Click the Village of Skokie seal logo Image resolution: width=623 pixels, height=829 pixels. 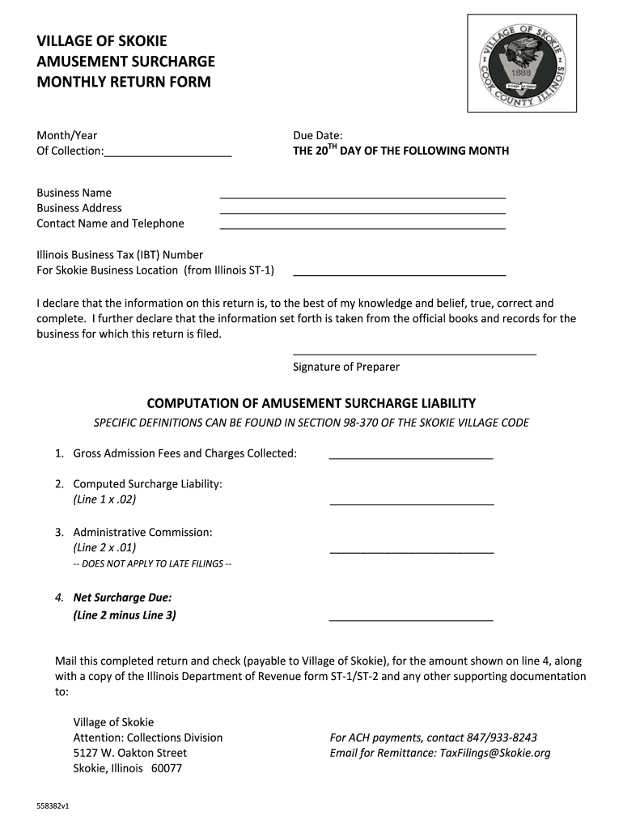click(x=522, y=63)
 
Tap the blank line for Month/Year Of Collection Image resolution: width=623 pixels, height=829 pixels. click(x=167, y=153)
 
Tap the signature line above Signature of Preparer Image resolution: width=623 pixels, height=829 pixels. click(x=414, y=352)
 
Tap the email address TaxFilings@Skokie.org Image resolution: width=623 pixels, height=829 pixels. click(x=494, y=753)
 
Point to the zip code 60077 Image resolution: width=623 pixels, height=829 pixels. click(x=165, y=768)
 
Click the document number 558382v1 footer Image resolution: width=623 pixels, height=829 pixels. click(x=53, y=806)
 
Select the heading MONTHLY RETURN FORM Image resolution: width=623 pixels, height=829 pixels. click(x=123, y=82)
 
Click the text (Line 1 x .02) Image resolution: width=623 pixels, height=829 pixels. click(x=104, y=500)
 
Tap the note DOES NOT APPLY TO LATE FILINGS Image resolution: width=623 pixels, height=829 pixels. click(x=152, y=563)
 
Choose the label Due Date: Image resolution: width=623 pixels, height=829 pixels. click(x=317, y=135)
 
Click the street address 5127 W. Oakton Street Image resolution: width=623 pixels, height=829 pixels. click(x=129, y=753)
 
